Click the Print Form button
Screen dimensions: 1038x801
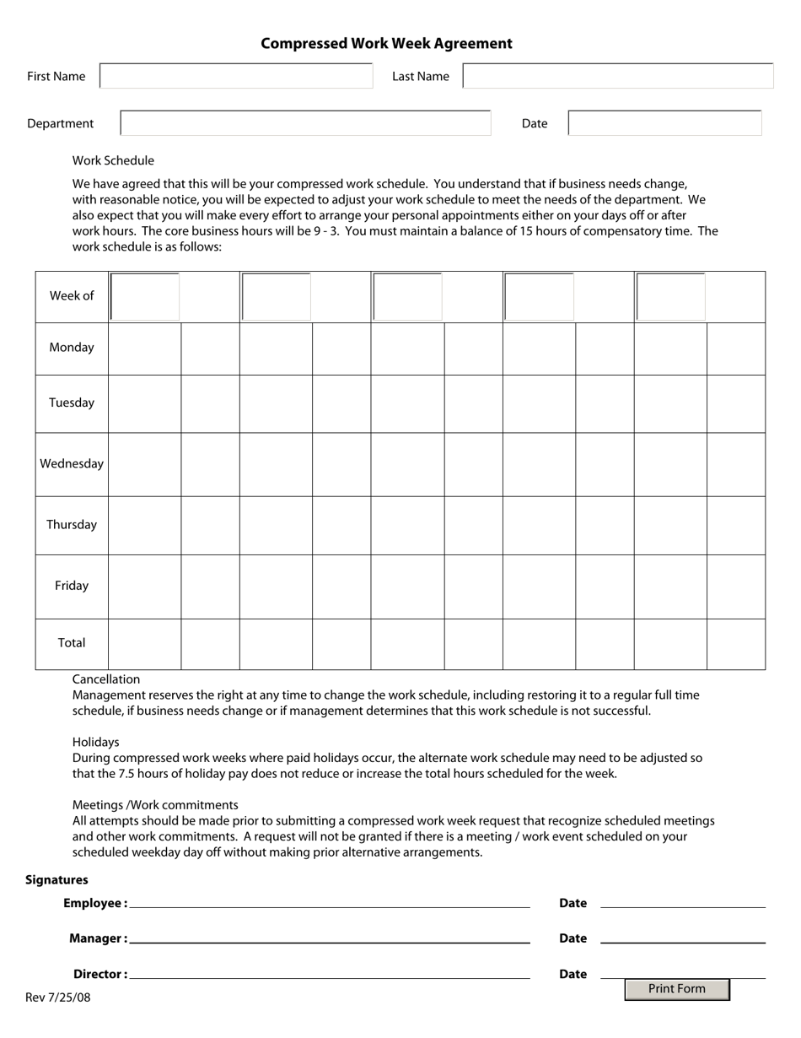pyautogui.click(x=676, y=989)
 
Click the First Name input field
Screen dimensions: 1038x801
pyautogui.click(x=236, y=76)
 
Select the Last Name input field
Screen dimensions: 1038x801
pyautogui.click(x=617, y=76)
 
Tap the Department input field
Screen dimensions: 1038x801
pyautogui.click(x=305, y=123)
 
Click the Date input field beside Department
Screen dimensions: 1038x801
pyautogui.click(x=664, y=123)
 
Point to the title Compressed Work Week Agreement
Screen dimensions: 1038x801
pyautogui.click(x=386, y=43)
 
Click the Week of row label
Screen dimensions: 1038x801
pyautogui.click(x=72, y=295)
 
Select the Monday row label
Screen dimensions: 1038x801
pyautogui.click(x=72, y=347)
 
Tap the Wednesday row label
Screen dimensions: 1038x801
pyautogui.click(x=72, y=463)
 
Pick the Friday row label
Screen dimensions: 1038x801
pyautogui.click(x=72, y=585)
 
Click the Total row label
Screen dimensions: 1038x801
pyautogui.click(x=72, y=642)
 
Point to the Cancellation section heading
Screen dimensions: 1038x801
pyautogui.click(x=106, y=679)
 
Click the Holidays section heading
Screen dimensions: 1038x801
pyautogui.click(x=95, y=742)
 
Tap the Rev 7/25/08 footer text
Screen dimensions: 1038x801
pyautogui.click(x=57, y=997)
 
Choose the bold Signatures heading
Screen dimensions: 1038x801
pyautogui.click(x=56, y=879)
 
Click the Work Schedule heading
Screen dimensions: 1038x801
pyautogui.click(x=113, y=160)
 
